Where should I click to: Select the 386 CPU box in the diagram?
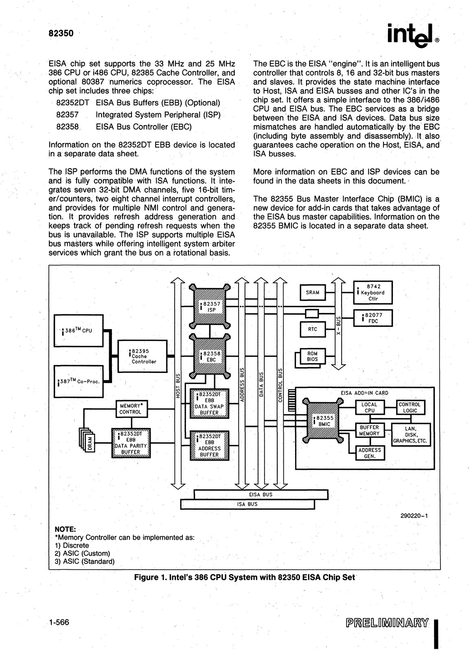click(79, 330)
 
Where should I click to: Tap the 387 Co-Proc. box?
click(79, 381)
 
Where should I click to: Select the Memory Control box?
click(130, 409)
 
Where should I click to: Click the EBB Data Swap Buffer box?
click(210, 403)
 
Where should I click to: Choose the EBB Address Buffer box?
click(210, 445)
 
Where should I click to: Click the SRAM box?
click(313, 292)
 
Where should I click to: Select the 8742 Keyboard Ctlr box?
click(373, 292)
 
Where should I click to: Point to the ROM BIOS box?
click(313, 356)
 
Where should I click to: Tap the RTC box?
click(313, 329)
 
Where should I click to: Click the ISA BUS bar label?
click(248, 504)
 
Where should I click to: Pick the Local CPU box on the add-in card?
click(370, 407)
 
